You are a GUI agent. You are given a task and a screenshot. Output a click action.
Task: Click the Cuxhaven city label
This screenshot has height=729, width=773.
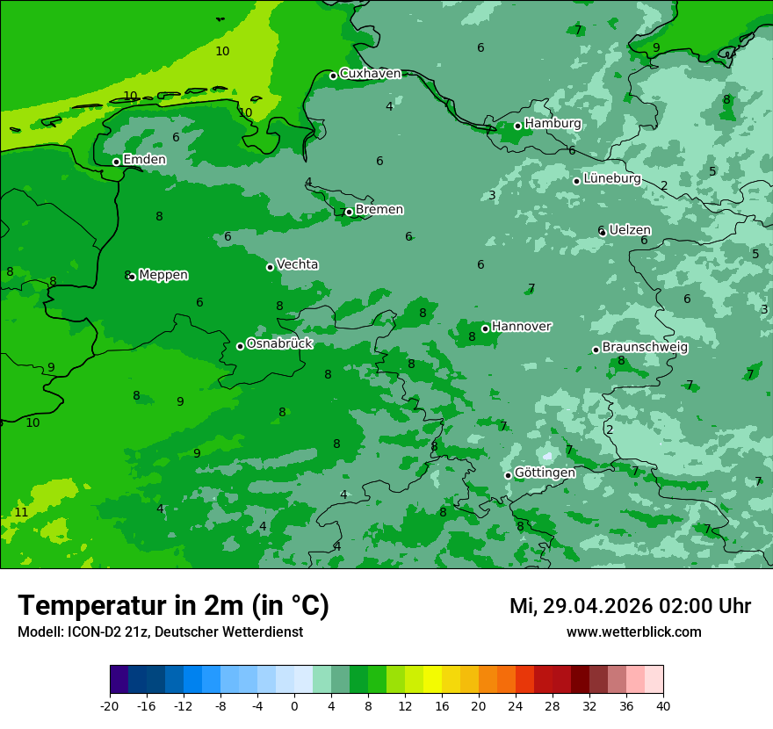tap(370, 74)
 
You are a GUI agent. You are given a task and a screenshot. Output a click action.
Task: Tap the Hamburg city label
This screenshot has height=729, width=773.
tap(553, 124)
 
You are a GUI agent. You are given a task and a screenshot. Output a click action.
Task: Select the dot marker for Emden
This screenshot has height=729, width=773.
tap(116, 162)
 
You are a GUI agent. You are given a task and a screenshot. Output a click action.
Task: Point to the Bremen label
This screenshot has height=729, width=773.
tap(379, 210)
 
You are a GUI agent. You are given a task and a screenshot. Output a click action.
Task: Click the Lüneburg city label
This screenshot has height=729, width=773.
tap(611, 179)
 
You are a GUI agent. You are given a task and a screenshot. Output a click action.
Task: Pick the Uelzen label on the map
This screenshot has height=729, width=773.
tap(630, 230)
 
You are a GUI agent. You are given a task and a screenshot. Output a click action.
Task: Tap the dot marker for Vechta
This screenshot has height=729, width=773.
tap(270, 267)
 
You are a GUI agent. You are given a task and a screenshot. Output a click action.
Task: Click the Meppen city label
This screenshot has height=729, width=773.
tap(163, 275)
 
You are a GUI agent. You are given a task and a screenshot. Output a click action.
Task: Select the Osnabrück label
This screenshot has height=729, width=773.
tap(279, 344)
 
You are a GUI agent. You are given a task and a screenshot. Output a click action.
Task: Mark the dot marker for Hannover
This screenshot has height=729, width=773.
tap(485, 328)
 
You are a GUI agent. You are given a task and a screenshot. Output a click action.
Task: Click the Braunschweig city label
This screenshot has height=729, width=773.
tap(645, 348)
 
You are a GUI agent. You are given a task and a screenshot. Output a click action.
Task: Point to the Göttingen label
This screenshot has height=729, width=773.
tap(545, 473)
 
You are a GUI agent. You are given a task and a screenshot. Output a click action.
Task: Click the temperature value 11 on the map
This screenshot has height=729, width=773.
tap(21, 512)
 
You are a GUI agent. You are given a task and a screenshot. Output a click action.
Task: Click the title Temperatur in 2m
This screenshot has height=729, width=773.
tap(173, 606)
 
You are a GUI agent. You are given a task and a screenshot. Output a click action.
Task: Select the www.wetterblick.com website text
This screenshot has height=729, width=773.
tap(633, 632)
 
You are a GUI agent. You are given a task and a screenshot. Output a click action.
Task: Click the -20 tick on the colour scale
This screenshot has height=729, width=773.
tap(110, 705)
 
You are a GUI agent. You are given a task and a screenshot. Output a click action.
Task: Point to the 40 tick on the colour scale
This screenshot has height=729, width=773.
tap(663, 705)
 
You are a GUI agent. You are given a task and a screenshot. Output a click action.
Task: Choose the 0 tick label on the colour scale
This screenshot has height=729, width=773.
tap(294, 705)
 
